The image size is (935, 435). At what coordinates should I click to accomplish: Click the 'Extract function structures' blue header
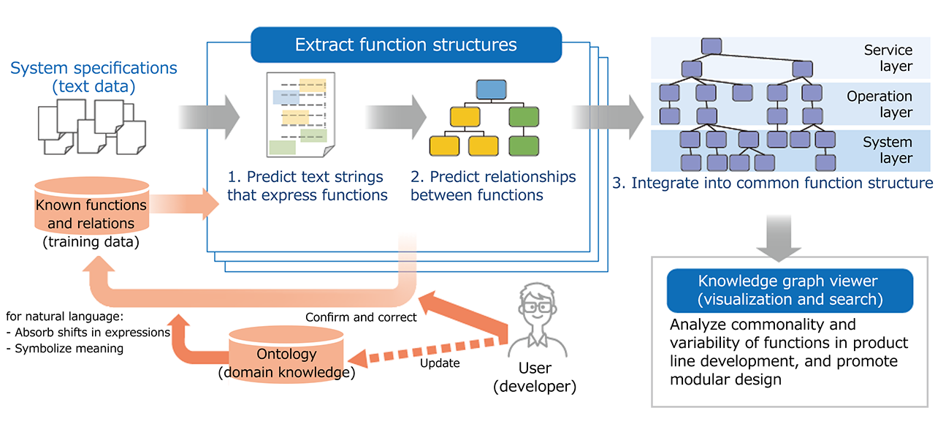click(x=405, y=45)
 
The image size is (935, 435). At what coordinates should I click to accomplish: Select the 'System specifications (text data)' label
click(x=93, y=77)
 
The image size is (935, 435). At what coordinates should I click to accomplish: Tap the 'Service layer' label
click(x=888, y=58)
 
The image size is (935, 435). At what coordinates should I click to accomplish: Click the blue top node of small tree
click(x=491, y=90)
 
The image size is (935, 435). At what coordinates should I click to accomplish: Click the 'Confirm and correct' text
click(x=361, y=317)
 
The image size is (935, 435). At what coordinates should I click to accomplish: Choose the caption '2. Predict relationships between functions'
click(x=493, y=186)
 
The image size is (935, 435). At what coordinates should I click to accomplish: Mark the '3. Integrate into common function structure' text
click(x=772, y=182)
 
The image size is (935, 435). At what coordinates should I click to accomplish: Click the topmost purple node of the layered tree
click(x=711, y=45)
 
